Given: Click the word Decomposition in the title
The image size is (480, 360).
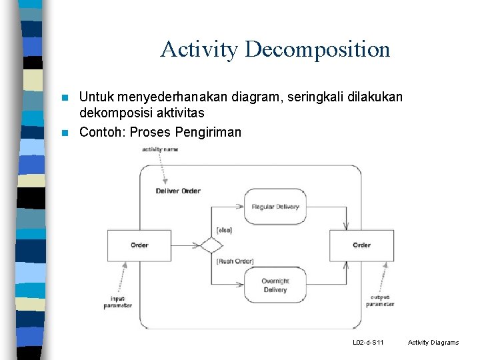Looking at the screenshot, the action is (x=317, y=49).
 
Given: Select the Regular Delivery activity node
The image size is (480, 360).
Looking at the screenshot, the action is (x=275, y=207).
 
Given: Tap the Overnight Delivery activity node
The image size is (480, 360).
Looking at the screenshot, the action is (x=275, y=285).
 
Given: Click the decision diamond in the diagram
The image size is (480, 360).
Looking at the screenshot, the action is (x=211, y=245).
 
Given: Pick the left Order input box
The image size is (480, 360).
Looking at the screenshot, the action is (x=139, y=245).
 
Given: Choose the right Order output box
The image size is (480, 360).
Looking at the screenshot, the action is (x=361, y=245).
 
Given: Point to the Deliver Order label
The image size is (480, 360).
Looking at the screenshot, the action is (x=178, y=191).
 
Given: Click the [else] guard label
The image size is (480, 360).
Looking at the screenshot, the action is (x=223, y=230).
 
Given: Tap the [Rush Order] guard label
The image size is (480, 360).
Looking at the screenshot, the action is (x=235, y=261).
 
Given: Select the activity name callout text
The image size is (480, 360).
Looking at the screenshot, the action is (x=160, y=149).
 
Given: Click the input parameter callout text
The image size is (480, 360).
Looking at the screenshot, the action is (x=118, y=302).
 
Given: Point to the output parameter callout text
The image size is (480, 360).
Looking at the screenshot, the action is (x=380, y=301).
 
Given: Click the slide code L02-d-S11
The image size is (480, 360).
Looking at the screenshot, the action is (x=368, y=343).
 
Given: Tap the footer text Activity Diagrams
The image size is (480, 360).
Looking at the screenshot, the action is (x=433, y=343).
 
